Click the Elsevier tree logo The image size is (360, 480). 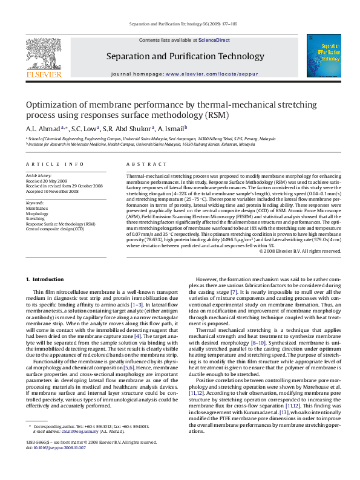[44, 57]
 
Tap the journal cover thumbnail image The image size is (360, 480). [323, 56]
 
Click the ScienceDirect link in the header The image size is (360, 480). [214, 40]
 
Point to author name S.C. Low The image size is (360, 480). [83, 129]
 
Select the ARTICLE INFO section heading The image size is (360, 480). [54, 164]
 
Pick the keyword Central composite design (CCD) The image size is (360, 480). [54, 229]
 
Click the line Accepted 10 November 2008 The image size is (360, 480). [52, 191]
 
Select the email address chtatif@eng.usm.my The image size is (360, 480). [67, 432]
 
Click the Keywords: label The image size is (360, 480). [35, 203]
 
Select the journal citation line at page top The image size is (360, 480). [180, 24]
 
